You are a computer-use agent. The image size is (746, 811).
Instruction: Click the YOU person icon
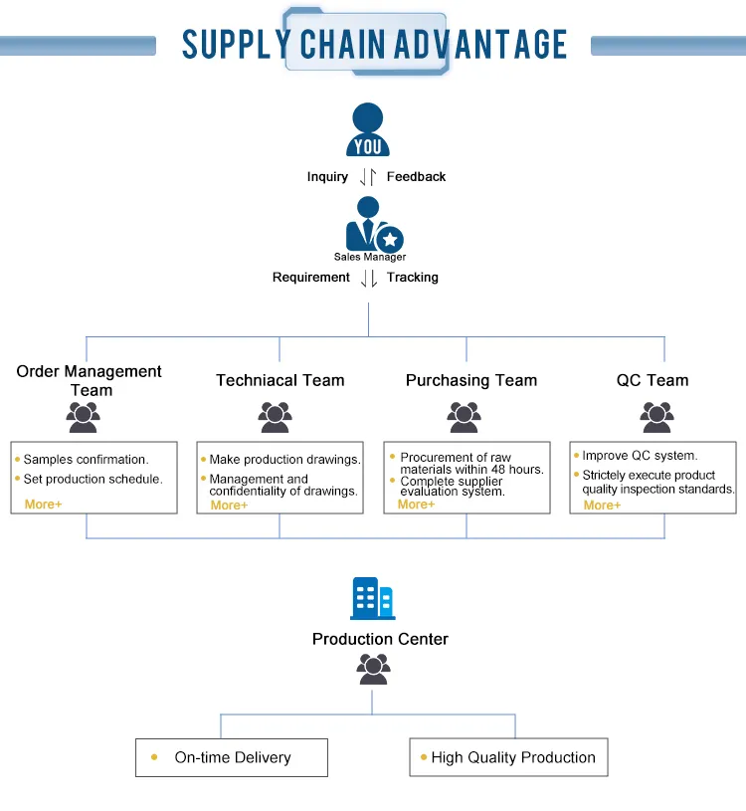(x=368, y=130)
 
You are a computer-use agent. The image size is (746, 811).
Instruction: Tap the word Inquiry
(x=327, y=177)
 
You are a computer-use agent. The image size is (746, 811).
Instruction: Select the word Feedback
(x=416, y=177)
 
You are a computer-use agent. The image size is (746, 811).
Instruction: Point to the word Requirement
(x=311, y=278)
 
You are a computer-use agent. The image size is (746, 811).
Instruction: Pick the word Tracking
(x=412, y=278)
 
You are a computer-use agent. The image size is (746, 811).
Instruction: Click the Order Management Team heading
(x=90, y=380)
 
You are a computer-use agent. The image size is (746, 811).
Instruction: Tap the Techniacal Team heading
(x=280, y=380)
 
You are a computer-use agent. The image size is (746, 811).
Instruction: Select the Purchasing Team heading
(x=471, y=380)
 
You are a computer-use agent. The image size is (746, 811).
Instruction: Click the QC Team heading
(x=653, y=380)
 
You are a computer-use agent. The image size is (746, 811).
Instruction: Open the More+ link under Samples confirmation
(x=44, y=505)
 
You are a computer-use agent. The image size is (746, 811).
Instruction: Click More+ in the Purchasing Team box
(x=416, y=505)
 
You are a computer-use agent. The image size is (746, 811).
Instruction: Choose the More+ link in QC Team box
(x=602, y=506)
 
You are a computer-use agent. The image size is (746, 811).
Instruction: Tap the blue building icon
(x=373, y=599)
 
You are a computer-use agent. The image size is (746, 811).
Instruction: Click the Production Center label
(x=380, y=639)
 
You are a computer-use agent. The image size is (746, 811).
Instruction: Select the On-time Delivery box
(x=232, y=757)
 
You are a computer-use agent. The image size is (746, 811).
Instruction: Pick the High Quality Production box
(x=508, y=757)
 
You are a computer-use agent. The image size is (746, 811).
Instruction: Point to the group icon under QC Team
(x=656, y=417)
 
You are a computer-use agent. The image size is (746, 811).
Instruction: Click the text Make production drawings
(x=284, y=460)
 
